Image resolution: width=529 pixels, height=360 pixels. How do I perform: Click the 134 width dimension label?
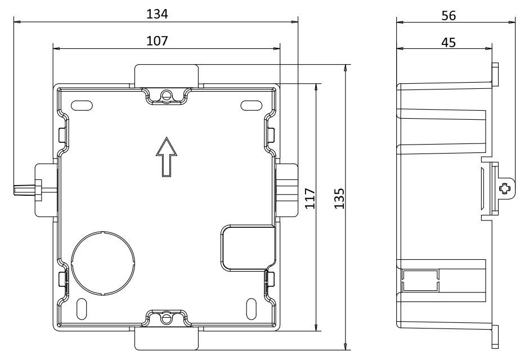(157, 14)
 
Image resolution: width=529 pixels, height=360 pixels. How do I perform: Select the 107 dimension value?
(157, 41)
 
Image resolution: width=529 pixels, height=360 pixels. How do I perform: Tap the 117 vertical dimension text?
(311, 199)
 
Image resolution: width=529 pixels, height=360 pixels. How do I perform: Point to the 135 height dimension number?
(339, 199)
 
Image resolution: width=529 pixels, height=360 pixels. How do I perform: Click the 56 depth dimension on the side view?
(449, 16)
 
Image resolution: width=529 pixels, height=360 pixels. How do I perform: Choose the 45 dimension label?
(449, 43)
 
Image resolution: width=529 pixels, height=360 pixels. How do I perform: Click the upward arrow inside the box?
(167, 157)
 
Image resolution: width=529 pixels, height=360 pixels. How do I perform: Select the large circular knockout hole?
(103, 263)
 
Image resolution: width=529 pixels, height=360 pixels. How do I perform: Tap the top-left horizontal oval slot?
(82, 106)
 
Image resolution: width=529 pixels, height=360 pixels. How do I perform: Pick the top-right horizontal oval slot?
(252, 106)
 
